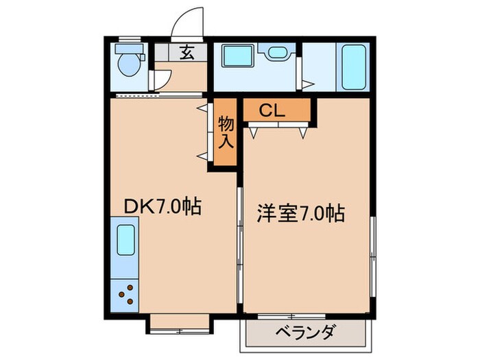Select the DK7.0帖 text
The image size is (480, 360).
tap(162, 206)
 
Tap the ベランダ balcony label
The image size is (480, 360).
tap(306, 334)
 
